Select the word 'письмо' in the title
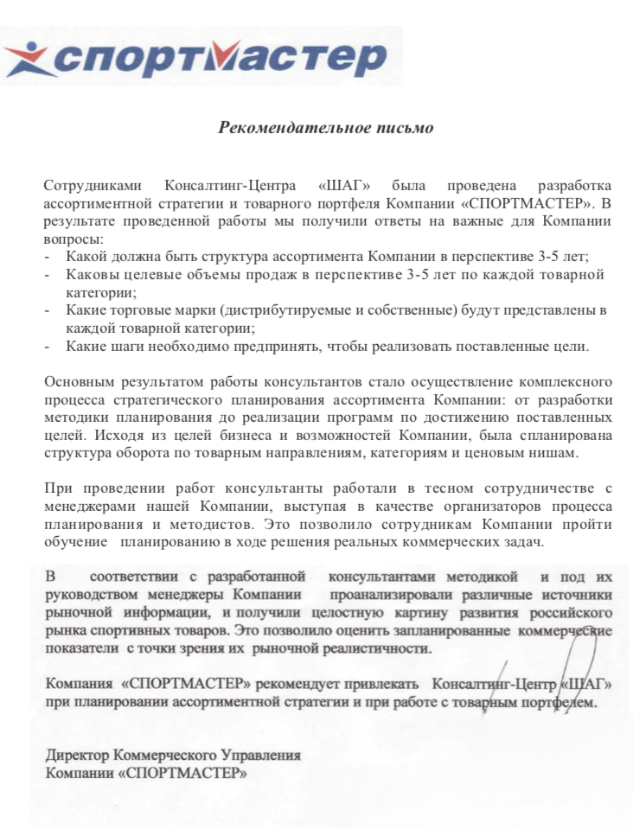[406, 128]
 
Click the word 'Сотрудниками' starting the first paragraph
[85, 186]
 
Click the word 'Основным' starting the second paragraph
[76, 381]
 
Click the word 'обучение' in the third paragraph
[76, 543]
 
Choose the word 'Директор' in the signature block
[77, 755]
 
